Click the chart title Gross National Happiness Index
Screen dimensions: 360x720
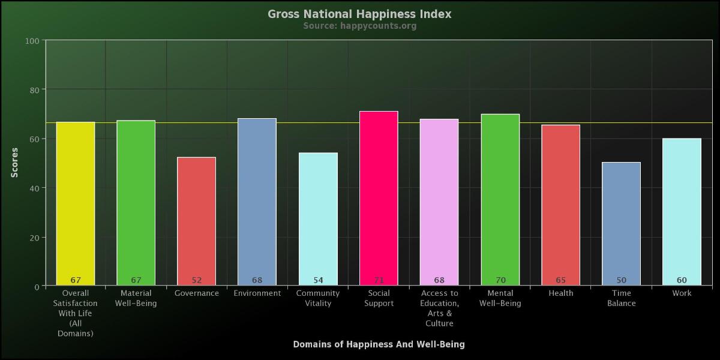point(359,14)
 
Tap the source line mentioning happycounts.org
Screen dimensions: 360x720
point(359,26)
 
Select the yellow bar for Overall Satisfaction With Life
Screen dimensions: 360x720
point(76,204)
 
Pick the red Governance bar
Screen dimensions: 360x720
point(196,221)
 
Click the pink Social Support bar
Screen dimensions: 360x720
point(379,198)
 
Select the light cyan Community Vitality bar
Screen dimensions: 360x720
point(318,219)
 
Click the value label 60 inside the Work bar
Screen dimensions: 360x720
point(682,280)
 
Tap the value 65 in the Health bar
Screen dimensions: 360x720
point(560,280)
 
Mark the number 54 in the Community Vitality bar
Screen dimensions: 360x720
point(318,280)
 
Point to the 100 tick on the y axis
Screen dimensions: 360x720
point(32,41)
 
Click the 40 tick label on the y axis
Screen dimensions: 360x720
point(34,188)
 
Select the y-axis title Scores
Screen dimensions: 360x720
point(15,163)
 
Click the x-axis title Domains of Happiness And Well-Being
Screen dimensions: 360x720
point(379,344)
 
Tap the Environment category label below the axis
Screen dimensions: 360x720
point(257,293)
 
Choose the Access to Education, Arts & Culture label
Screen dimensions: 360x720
point(439,308)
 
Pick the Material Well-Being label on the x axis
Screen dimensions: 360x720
point(136,298)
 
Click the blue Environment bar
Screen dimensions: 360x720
point(257,202)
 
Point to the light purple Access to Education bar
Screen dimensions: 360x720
point(439,202)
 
